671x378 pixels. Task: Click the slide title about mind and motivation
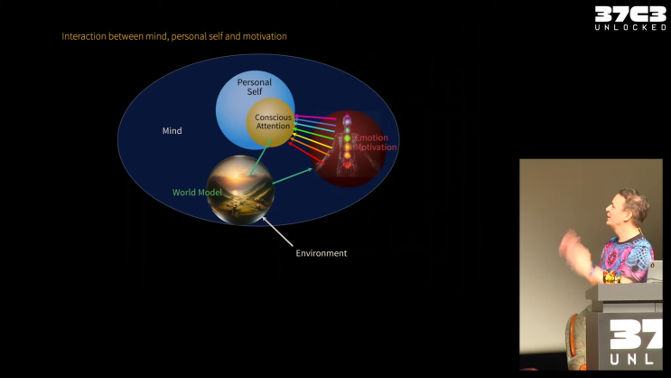(x=174, y=36)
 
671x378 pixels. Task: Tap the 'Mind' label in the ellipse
(x=172, y=131)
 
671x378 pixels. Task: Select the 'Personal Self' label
(x=254, y=87)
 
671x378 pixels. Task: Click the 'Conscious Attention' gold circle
(x=270, y=123)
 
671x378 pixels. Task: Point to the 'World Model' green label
(x=197, y=193)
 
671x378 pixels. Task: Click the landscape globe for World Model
(x=240, y=190)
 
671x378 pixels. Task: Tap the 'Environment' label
(x=322, y=253)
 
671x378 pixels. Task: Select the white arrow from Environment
(x=277, y=232)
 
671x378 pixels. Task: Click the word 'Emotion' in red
(x=371, y=137)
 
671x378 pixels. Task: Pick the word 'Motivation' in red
(x=376, y=147)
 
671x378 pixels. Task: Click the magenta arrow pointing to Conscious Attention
(x=315, y=117)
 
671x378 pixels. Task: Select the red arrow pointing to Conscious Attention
(x=306, y=153)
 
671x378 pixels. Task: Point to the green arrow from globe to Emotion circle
(x=293, y=175)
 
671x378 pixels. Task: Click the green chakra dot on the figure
(x=347, y=138)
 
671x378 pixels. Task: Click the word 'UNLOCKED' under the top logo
(x=630, y=27)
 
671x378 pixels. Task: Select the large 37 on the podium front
(x=636, y=335)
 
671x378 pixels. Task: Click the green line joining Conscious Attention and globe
(x=260, y=157)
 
